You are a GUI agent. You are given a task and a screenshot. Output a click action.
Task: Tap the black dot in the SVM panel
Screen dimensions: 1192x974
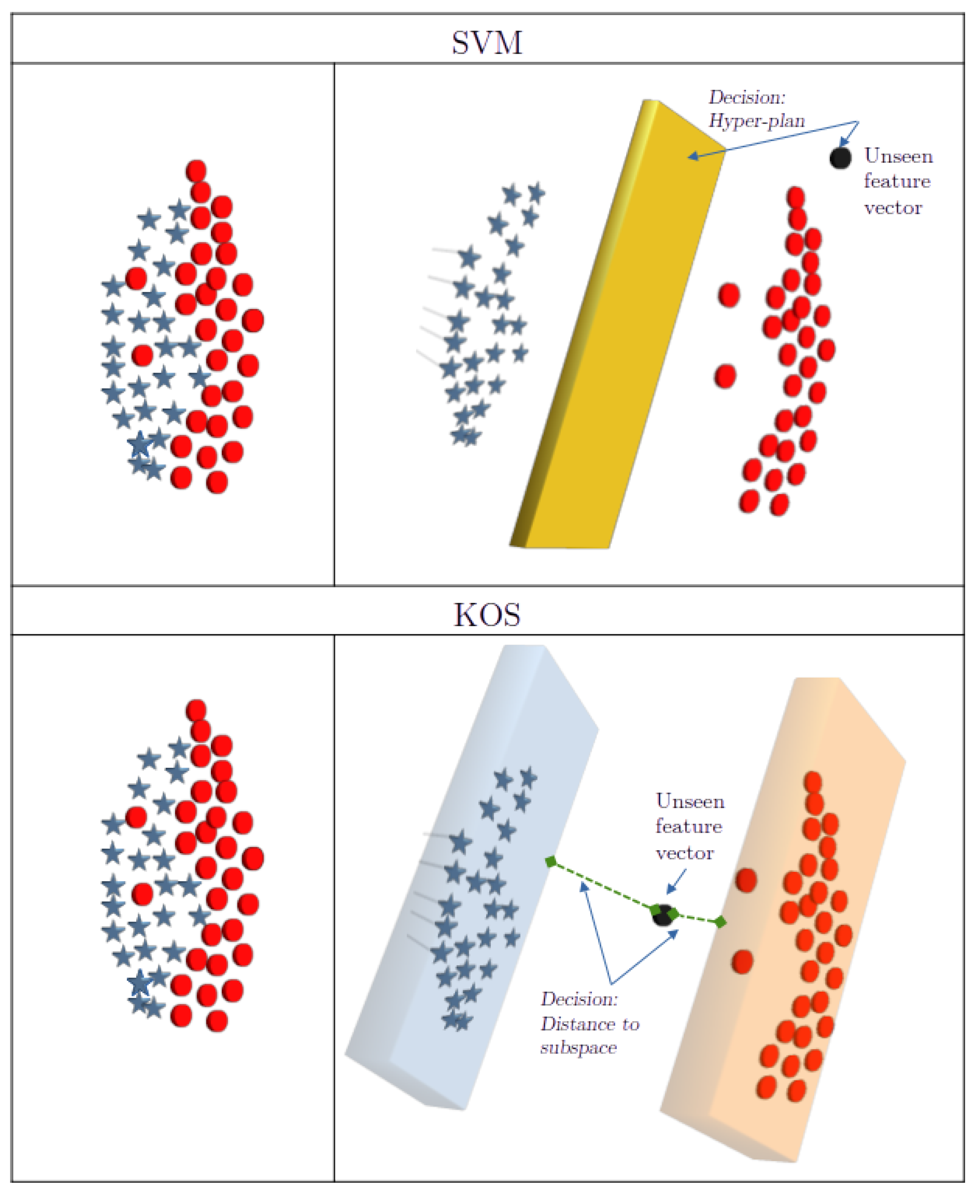(x=840, y=157)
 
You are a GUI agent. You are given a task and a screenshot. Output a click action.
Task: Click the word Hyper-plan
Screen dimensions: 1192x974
(x=756, y=121)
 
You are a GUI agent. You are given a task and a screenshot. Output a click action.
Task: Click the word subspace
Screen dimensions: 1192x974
(x=578, y=1047)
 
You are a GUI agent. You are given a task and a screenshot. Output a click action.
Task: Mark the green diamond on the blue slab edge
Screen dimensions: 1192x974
(x=551, y=861)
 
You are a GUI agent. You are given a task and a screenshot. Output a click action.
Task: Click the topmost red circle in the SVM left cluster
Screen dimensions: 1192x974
(x=196, y=170)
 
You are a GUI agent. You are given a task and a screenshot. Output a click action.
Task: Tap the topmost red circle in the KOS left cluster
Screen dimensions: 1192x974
(x=196, y=710)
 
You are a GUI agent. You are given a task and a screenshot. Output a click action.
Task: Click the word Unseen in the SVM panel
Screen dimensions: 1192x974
(x=898, y=156)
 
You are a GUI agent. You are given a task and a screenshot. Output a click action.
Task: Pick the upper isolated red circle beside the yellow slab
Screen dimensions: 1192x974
(x=728, y=295)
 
